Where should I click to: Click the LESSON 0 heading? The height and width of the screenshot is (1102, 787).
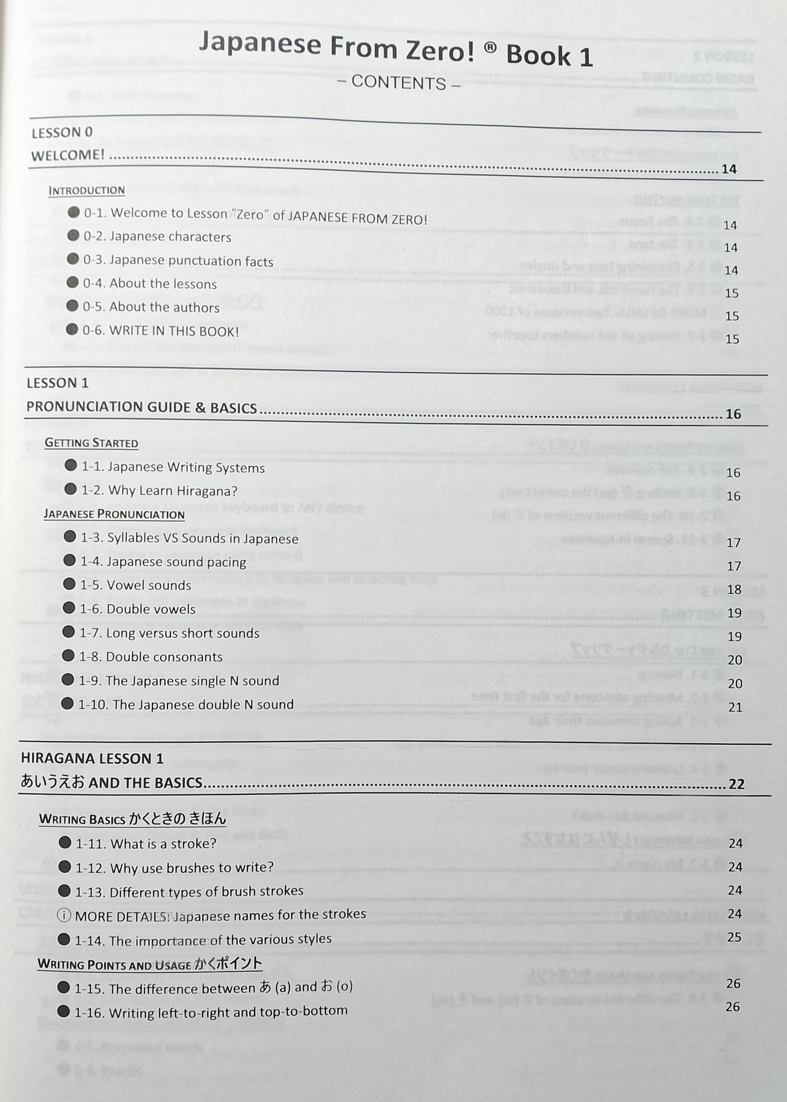62,133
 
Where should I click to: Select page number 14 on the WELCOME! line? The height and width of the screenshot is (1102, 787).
729,169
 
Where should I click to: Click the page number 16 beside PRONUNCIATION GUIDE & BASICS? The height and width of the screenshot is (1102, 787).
733,414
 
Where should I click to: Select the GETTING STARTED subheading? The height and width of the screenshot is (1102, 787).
91,443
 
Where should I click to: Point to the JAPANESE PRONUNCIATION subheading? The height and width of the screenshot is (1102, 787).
114,514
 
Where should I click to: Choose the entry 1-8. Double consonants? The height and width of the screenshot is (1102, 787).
150,657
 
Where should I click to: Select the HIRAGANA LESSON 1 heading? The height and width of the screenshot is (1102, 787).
92,758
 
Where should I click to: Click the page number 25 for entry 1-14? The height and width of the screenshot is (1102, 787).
735,937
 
